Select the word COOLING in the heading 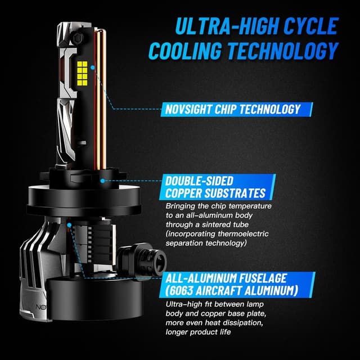pos(186,51)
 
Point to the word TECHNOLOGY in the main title pos(283,51)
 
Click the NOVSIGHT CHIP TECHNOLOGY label pos(233,109)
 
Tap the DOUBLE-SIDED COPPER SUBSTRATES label pos(215,187)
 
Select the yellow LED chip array pos(82,73)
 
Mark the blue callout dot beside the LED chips pos(92,67)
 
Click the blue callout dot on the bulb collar pos(102,181)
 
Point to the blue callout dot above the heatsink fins pos(69,225)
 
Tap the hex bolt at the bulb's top pos(76,37)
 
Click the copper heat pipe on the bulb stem pos(101,99)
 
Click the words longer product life pos(198,332)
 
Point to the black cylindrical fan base pos(94,299)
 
